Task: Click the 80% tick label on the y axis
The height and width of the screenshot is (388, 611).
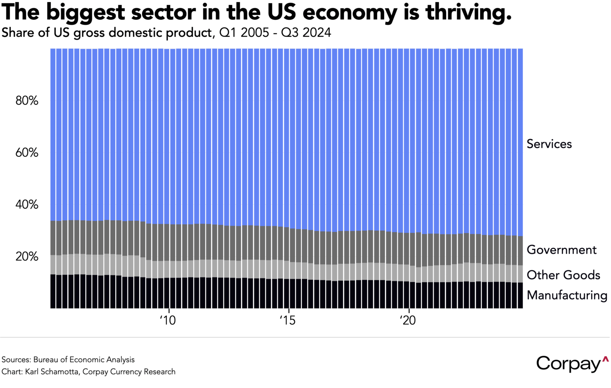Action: [27, 101]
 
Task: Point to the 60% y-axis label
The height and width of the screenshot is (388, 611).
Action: [27, 153]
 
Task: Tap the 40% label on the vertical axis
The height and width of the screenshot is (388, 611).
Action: [27, 205]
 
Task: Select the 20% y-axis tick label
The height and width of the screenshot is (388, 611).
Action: [27, 256]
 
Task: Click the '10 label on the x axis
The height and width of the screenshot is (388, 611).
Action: [168, 320]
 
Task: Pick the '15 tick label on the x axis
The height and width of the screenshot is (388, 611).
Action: [287, 320]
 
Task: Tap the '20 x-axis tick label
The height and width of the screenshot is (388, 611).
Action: [408, 320]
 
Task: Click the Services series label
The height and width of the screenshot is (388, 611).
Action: [549, 144]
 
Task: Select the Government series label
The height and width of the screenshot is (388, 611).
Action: [561, 250]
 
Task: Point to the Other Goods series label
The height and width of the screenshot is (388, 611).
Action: [563, 275]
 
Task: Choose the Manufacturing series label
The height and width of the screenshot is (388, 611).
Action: [567, 295]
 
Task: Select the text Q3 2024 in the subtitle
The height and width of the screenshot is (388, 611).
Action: [306, 33]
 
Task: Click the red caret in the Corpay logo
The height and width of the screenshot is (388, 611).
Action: [605, 359]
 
